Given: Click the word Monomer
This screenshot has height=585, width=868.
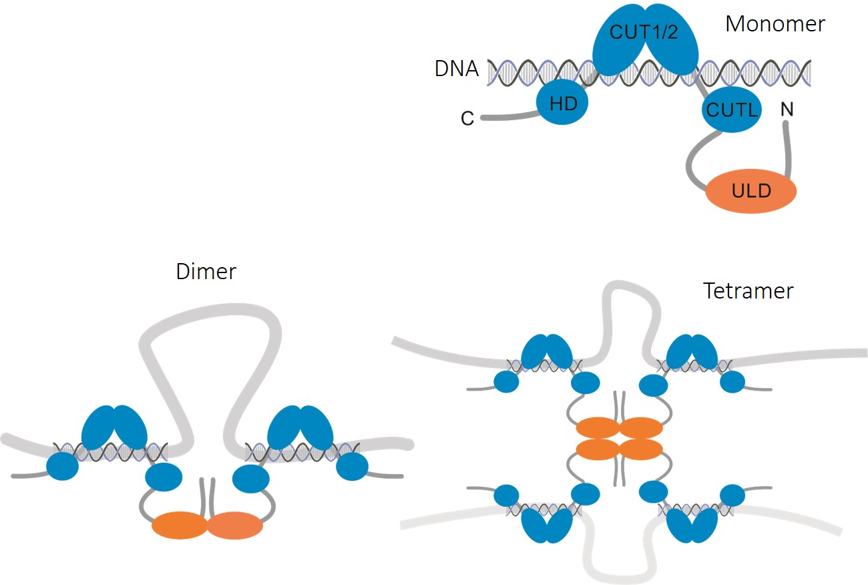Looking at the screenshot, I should click(775, 24).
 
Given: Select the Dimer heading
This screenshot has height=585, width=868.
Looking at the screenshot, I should click(206, 272).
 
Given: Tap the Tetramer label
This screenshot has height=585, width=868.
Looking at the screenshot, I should click(748, 291).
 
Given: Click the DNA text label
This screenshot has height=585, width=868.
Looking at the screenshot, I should click(457, 69).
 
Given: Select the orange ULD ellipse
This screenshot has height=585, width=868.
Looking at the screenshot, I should click(751, 192).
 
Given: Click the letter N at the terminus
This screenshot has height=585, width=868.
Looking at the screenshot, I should click(787, 109).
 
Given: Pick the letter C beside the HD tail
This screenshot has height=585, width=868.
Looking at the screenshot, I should click(467, 119).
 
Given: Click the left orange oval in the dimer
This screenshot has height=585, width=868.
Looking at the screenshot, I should click(180, 526).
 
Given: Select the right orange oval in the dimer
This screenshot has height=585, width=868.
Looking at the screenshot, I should click(235, 525).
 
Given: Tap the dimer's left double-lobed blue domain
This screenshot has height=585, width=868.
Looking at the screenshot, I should click(114, 427).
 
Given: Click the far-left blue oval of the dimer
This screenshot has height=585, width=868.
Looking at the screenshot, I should click(61, 465).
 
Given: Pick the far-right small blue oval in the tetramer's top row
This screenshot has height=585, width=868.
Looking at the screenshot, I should click(732, 381).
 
